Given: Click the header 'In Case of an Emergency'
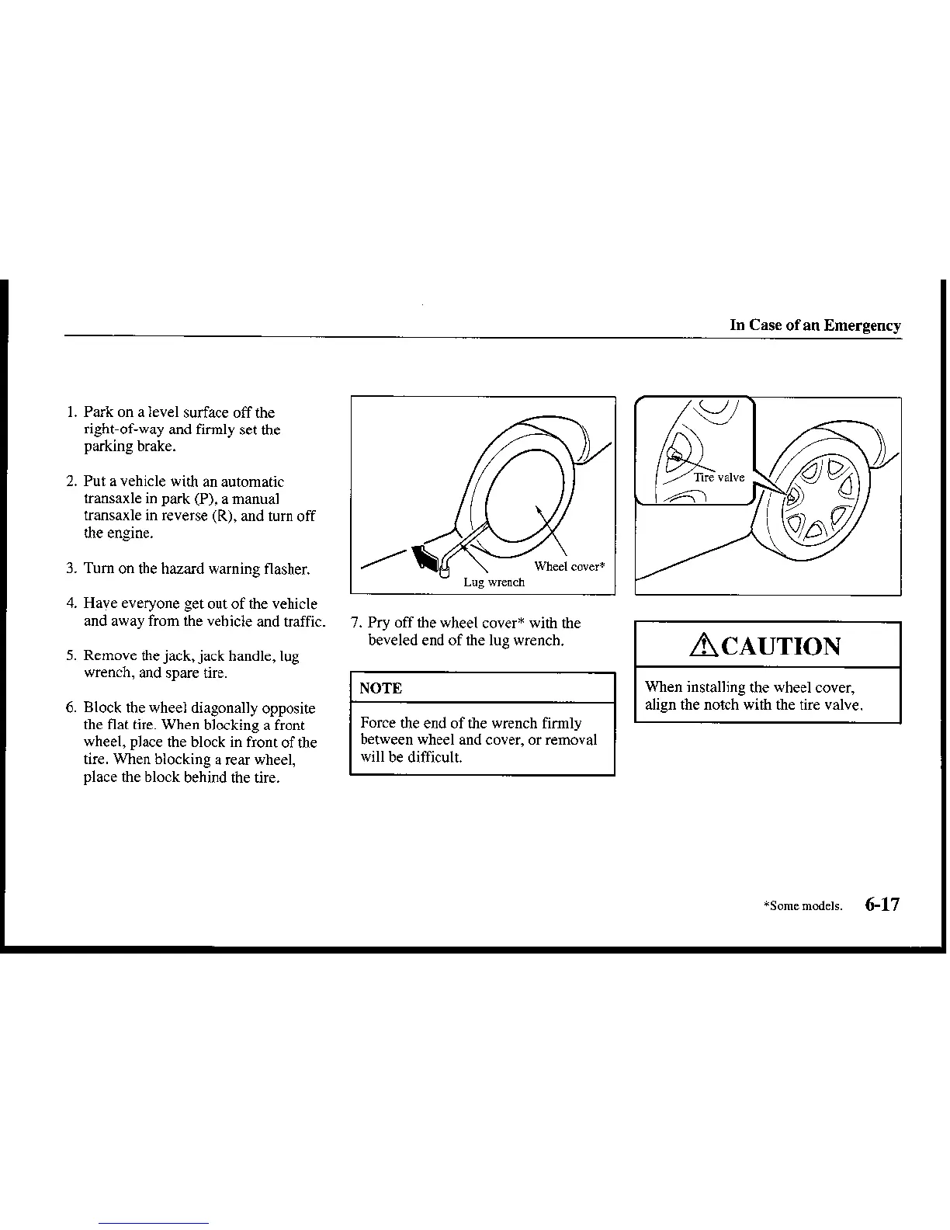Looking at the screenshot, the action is pyautogui.click(x=815, y=325).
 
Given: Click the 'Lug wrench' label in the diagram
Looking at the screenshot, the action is pyautogui.click(x=494, y=582).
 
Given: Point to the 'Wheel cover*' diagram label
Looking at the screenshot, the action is pyautogui.click(x=569, y=566).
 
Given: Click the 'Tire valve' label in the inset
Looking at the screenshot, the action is pyautogui.click(x=719, y=478).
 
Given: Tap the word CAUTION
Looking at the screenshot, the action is pyautogui.click(x=780, y=646).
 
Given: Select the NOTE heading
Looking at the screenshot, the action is pyautogui.click(x=380, y=688).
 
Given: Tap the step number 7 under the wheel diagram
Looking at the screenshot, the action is pyautogui.click(x=355, y=623).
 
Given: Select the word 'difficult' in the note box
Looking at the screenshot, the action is pyautogui.click(x=435, y=757).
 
